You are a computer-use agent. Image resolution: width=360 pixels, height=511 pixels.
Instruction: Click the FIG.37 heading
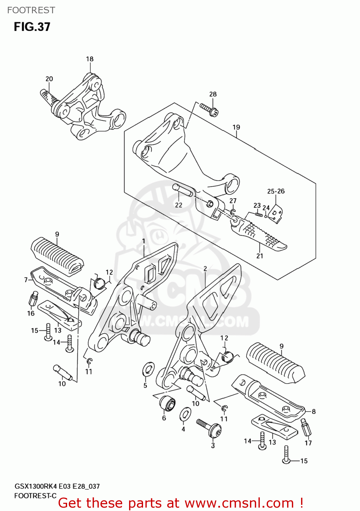point(32,27)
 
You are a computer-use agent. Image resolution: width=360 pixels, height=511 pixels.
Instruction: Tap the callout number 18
point(90,59)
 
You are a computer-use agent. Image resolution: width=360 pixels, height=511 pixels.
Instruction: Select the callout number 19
point(236,127)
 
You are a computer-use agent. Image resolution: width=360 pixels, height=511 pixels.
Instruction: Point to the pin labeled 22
point(183,190)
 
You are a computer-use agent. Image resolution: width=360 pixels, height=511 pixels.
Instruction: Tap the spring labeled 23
point(259,214)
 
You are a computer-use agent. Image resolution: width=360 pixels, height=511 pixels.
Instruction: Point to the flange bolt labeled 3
point(209,428)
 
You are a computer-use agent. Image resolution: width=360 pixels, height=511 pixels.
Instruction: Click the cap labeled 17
point(306,427)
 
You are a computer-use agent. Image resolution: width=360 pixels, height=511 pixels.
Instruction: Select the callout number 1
point(143,241)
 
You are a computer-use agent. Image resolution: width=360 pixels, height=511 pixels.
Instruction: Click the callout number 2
point(205,269)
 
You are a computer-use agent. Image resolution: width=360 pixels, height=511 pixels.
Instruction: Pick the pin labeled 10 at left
point(62,373)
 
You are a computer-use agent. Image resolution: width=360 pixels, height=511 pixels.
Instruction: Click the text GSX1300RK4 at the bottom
point(36,486)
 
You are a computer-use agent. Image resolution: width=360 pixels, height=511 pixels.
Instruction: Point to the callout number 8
point(313,412)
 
